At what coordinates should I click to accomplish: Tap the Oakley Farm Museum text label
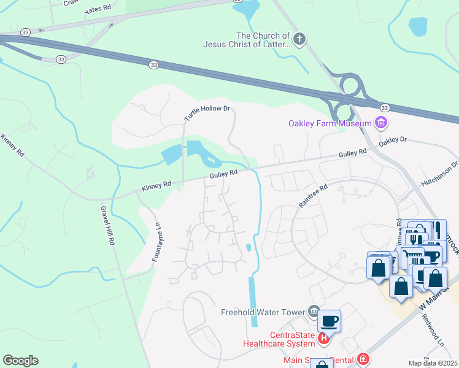[330, 123]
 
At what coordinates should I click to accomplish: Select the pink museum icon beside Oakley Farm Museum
[381, 123]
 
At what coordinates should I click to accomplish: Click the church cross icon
[299, 40]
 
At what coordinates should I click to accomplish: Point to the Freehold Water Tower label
[263, 312]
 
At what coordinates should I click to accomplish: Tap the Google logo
[20, 360]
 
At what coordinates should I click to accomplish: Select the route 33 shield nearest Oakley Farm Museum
[384, 107]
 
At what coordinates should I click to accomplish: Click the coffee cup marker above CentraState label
[329, 321]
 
